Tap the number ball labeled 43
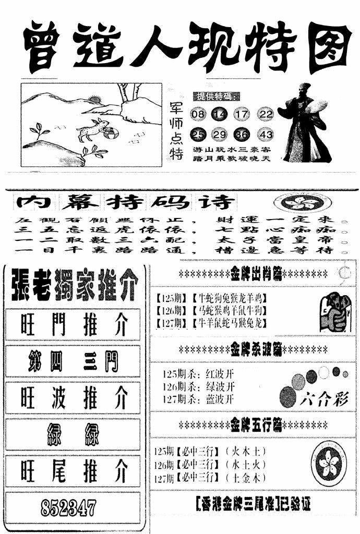click(266, 135)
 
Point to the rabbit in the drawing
click(93, 128)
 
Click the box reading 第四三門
click(73, 361)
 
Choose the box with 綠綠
click(73, 434)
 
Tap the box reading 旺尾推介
click(73, 470)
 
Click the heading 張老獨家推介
click(73, 286)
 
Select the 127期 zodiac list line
click(211, 323)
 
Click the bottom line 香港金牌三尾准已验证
click(254, 505)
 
